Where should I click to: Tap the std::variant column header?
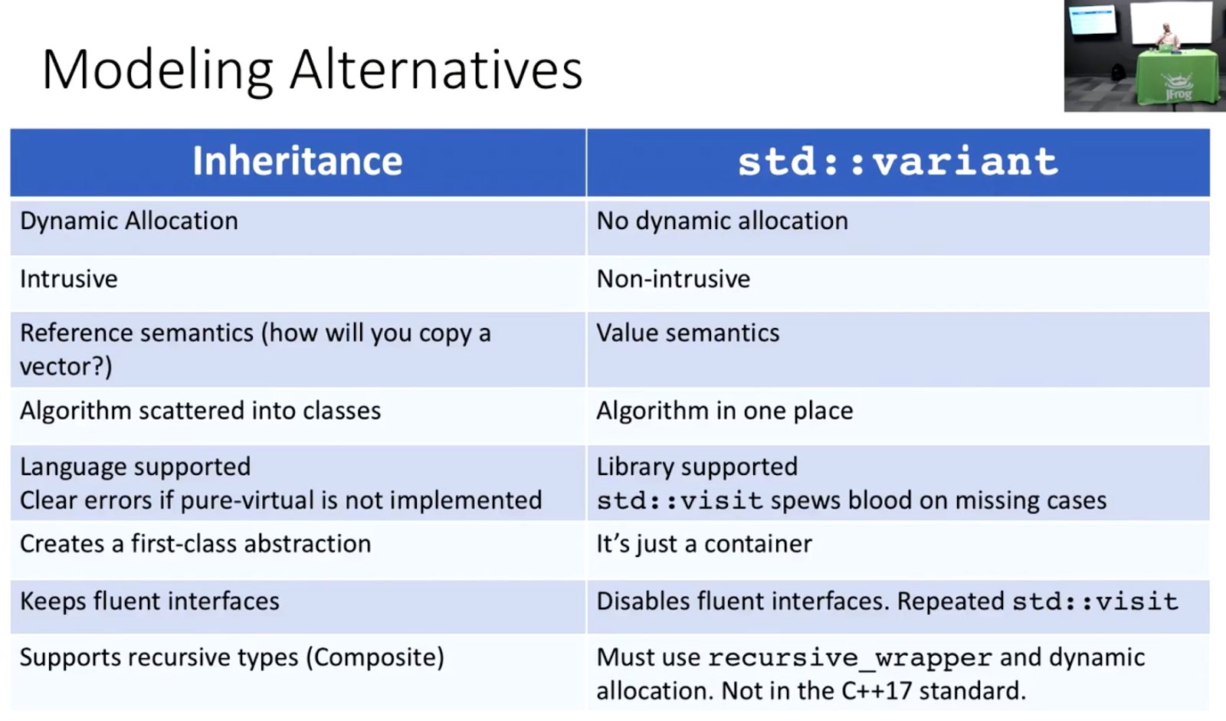point(897,162)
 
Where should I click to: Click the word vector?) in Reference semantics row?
point(66,367)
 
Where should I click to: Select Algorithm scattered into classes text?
point(200,411)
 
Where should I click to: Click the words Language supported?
point(135,467)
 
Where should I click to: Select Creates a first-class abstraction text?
point(195,544)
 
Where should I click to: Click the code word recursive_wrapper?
point(850,658)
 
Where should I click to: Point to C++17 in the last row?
point(877,691)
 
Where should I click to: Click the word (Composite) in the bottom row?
point(375,658)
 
